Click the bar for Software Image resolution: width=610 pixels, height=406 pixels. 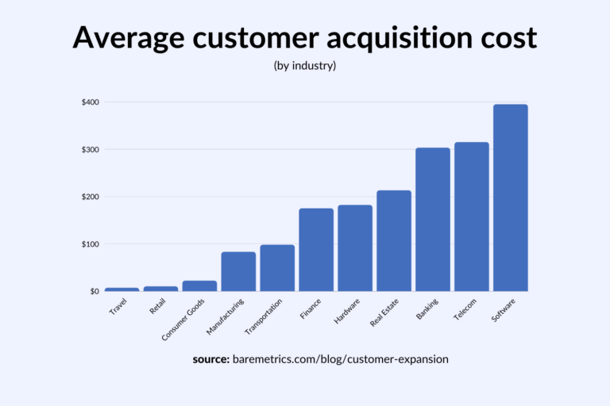pos(510,198)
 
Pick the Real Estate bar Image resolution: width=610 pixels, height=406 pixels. pos(394,241)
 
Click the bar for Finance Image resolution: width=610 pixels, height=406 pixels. pos(316,250)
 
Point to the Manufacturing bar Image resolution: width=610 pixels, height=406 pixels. pos(238,271)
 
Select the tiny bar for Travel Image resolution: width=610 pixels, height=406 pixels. pos(122,289)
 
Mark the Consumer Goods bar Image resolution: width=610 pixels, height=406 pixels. pos(199,285)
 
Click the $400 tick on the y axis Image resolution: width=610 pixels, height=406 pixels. pos(89,102)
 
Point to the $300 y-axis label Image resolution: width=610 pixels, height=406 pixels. pos(89,150)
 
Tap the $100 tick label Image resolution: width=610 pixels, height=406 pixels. pos(89,244)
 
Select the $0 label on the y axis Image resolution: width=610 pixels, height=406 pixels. pos(94,292)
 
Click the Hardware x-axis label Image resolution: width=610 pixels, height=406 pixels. pos(348,310)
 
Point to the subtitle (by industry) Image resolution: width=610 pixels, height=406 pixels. pos(304,65)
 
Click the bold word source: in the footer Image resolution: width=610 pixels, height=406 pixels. pos(210,359)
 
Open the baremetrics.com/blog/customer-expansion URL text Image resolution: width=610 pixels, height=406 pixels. pos(341,359)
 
